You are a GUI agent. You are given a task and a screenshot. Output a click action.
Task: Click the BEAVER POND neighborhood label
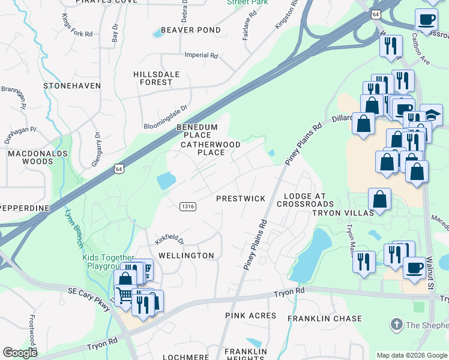tap(190, 29)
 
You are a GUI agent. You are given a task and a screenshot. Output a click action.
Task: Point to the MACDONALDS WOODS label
tap(29, 158)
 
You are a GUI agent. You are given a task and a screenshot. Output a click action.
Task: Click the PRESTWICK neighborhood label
tap(240, 198)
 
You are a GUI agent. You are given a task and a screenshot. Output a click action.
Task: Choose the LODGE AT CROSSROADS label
tap(305, 200)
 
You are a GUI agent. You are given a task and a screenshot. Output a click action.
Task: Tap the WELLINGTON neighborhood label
tap(185, 256)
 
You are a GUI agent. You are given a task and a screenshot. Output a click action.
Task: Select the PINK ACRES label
tap(251, 316)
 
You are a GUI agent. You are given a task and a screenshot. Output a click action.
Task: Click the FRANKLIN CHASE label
tap(324, 319)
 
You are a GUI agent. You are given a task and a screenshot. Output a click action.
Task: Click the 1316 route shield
tap(186, 206)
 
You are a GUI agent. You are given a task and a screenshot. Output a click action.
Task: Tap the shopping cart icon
tap(124, 295)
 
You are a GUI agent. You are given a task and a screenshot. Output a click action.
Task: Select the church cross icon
tap(396, 325)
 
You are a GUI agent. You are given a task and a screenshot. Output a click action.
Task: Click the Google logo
tap(20, 353)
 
